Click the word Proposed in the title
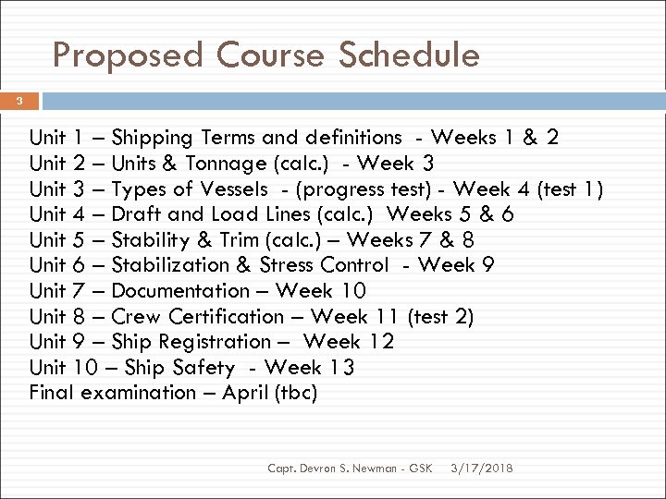[127, 55]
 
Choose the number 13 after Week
[340, 368]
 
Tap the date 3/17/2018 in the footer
[480, 469]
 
